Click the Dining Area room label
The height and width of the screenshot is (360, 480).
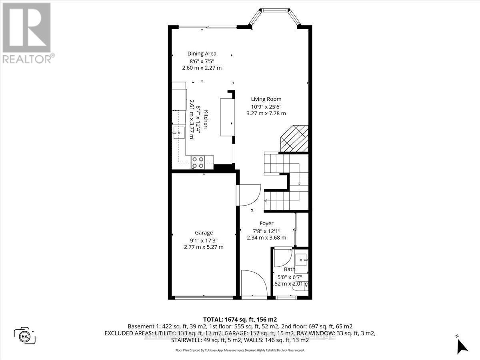point(202,54)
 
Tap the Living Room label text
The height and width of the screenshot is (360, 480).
point(266,99)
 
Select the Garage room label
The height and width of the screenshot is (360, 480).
point(204,233)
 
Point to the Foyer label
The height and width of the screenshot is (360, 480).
point(266,224)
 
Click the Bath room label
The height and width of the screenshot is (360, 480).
point(289,270)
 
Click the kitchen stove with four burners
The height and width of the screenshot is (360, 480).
point(197,162)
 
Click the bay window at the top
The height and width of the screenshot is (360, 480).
point(274,16)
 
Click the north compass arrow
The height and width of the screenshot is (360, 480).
point(462,344)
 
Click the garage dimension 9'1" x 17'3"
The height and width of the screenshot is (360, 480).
point(204,240)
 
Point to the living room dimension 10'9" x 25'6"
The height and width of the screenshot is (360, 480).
point(266,106)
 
